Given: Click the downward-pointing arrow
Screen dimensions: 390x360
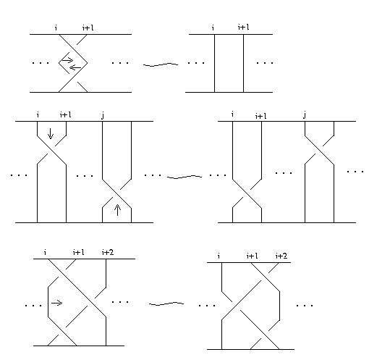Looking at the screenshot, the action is point(51,133).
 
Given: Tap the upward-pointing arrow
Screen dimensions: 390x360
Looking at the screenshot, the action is point(117,210).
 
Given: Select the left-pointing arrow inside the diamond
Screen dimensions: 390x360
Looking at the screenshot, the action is point(75,67).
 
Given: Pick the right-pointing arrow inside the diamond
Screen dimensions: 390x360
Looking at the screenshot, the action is point(67,59).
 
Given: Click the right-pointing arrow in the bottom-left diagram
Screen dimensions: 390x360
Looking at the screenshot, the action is point(56,303).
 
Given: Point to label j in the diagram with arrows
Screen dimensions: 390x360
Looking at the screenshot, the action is point(103,115).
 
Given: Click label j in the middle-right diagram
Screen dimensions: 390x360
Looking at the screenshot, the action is point(305,115).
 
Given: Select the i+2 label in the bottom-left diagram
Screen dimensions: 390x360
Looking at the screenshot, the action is point(108,253).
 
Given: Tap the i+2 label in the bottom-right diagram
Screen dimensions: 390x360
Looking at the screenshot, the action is point(281,256).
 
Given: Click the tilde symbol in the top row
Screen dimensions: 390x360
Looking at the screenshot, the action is point(161,64).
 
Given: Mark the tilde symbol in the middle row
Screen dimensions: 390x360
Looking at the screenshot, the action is point(185,177).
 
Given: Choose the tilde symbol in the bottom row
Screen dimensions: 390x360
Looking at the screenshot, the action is point(166,304).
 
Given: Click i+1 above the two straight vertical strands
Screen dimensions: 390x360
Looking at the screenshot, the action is point(244,27).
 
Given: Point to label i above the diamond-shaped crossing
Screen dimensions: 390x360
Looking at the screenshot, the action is point(56,28).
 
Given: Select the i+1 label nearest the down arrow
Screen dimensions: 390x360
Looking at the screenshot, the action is point(66,114).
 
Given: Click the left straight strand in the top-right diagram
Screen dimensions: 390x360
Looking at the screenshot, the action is point(215,63).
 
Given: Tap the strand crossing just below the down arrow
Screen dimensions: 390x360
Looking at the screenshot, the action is point(51,150).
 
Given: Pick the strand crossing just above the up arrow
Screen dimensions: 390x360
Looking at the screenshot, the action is point(117,193).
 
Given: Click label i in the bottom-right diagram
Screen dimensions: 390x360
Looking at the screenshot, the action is point(219,256).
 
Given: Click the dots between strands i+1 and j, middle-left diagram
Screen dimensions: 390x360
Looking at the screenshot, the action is point(85,176).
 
